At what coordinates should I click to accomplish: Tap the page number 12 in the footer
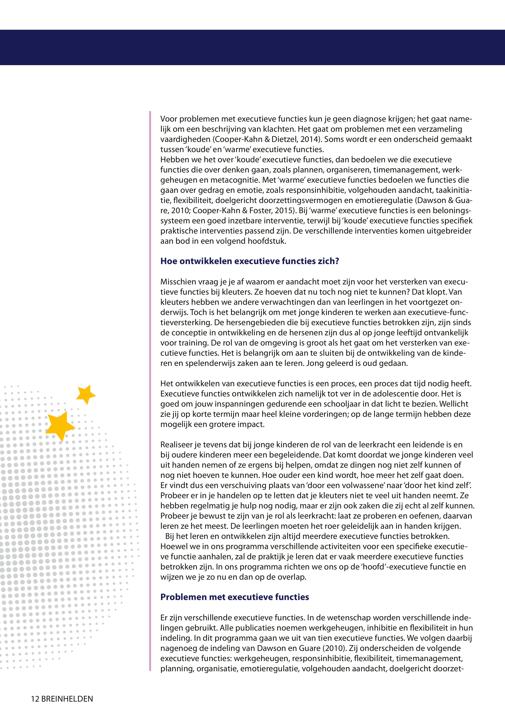click(x=35, y=699)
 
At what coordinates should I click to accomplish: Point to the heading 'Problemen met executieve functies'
click(x=234, y=597)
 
